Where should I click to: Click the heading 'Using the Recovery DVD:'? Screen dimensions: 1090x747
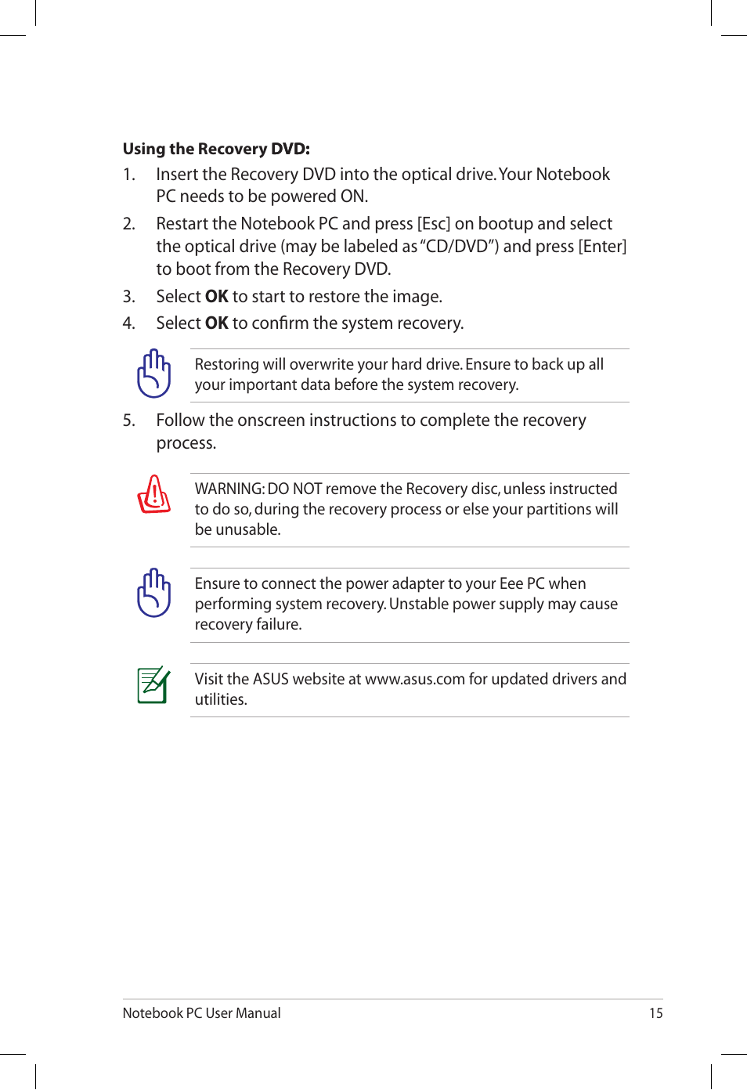216,149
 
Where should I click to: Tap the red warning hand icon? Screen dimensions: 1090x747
154,494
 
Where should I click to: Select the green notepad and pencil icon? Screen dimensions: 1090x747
153,684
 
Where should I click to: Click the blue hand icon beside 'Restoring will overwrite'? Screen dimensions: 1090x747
154,374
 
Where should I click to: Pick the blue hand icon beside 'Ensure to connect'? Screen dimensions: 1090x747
154,593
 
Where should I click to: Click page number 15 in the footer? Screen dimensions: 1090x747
655,1013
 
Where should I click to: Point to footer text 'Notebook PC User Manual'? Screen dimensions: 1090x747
201,1013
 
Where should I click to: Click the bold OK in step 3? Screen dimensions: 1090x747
216,297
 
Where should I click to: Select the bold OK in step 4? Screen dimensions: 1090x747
216,323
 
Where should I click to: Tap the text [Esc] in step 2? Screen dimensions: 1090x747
433,224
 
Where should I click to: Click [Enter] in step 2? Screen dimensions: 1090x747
602,247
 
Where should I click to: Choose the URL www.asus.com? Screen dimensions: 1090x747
415,679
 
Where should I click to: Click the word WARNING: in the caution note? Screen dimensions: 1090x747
229,489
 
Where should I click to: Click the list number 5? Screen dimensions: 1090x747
128,420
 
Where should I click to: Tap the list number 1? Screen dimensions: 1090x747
128,175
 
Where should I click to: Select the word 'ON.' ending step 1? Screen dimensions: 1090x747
353,197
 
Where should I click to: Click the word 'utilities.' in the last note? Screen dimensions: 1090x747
221,699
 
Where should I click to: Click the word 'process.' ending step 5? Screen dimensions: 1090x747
186,443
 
